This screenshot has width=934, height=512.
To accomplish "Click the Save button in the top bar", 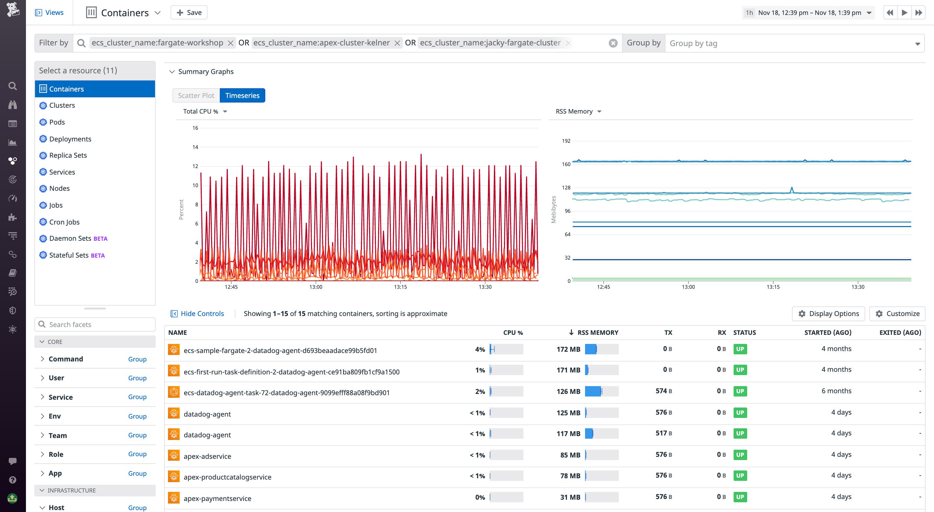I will click(188, 13).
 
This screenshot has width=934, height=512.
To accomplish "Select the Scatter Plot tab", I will click(196, 95).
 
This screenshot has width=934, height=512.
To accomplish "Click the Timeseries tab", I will click(242, 95).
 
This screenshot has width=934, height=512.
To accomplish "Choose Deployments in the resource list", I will click(70, 139).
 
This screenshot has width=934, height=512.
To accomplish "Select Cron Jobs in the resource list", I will click(64, 222).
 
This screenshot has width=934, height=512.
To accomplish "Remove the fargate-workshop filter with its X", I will click(230, 43).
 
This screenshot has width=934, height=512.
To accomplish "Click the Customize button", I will click(897, 313).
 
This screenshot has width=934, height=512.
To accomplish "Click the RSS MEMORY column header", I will click(597, 332).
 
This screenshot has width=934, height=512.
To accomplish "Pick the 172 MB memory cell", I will click(568, 349).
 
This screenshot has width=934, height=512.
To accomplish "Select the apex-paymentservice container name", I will click(217, 498).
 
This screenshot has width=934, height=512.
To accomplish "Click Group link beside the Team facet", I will click(137, 435).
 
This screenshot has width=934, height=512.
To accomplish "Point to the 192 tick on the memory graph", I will click(566, 141).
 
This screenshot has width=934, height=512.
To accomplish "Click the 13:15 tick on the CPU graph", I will click(400, 287).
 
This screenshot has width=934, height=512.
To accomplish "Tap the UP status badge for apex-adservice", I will click(740, 455).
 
